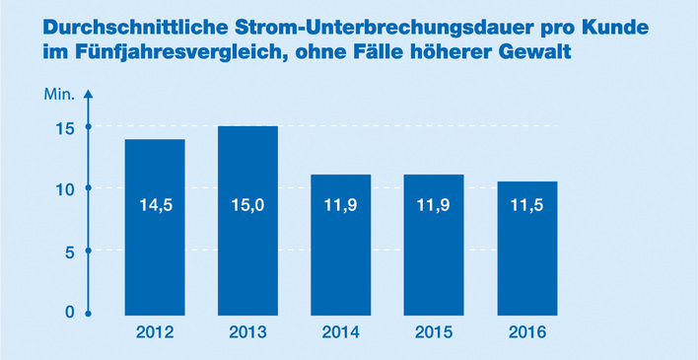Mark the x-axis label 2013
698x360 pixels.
(247, 333)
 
